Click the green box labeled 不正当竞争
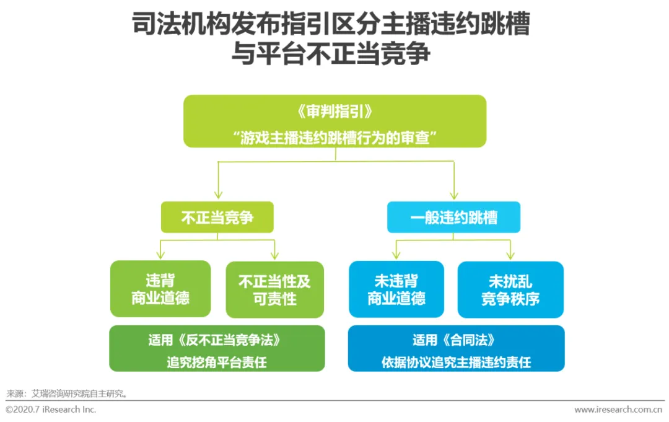point(217,218)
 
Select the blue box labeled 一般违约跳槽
point(453,218)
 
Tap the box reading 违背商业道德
point(160,289)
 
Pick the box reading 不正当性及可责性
point(274,289)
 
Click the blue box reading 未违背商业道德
point(396,289)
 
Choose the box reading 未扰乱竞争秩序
point(510,289)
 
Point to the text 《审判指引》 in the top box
point(334,112)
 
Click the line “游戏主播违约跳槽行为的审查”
point(334,136)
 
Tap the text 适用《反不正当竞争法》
point(217,340)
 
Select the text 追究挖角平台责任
point(217,361)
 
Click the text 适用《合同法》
point(456,340)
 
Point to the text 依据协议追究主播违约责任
point(456,362)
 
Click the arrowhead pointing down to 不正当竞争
point(217,194)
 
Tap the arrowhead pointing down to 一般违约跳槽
point(453,194)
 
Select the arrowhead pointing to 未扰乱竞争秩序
point(510,255)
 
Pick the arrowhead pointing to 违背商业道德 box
point(160,255)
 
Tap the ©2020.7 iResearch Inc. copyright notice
point(51,410)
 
